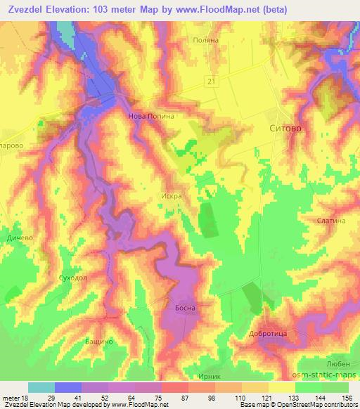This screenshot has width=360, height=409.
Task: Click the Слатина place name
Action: [x=331, y=220]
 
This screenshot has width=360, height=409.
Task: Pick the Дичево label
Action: [x=19, y=238]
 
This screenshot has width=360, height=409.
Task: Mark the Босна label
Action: [x=184, y=308]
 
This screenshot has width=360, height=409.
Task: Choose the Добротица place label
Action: [x=266, y=335]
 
